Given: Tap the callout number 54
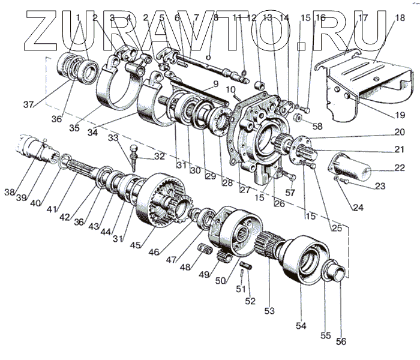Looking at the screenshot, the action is point(301,326).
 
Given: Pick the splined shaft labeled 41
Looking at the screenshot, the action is point(87,174).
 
